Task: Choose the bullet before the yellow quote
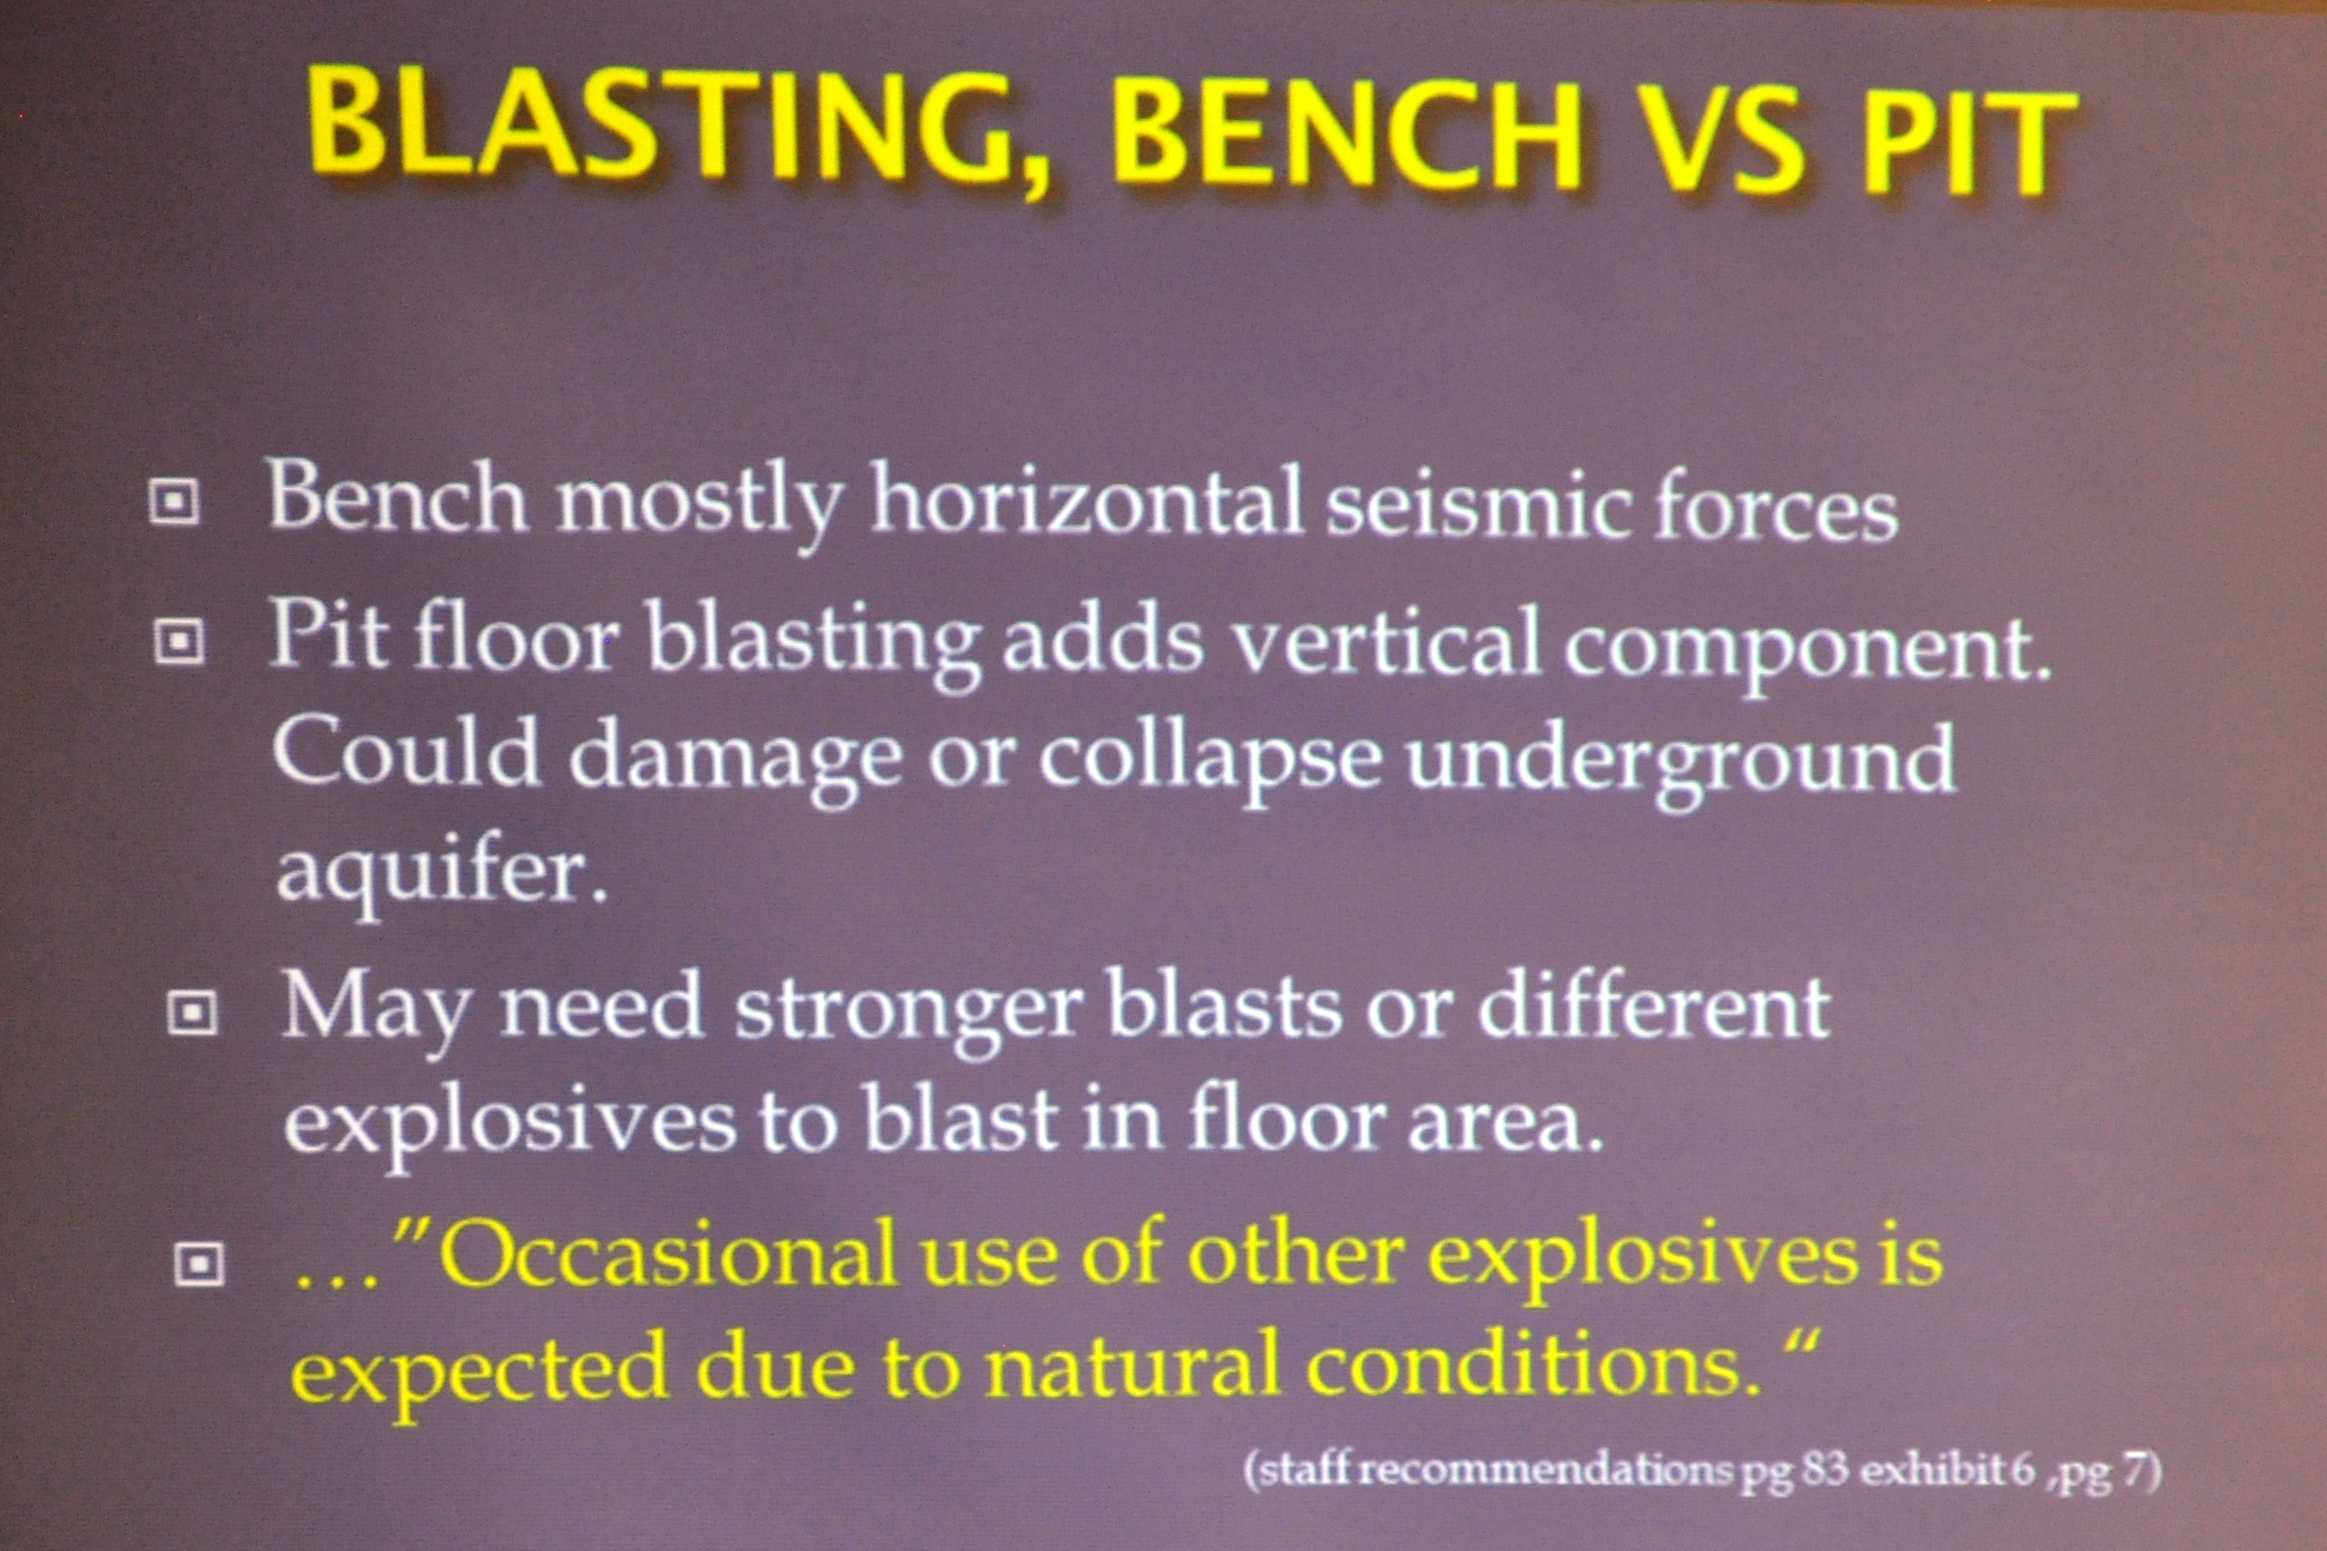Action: pyautogui.click(x=199, y=1262)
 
